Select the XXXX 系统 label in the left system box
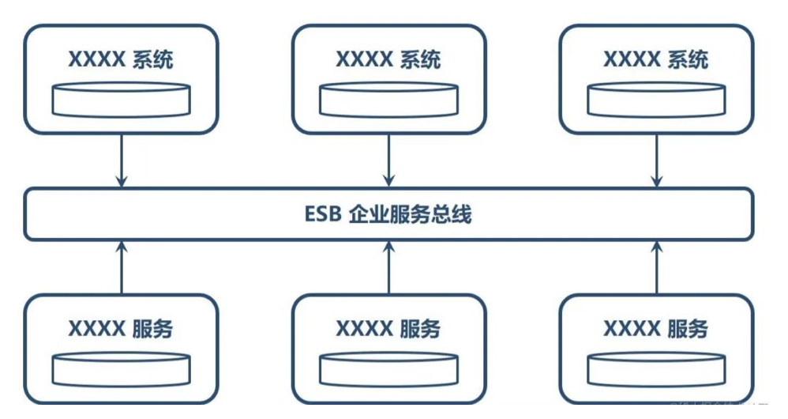pyautogui.click(x=121, y=59)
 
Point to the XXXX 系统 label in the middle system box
pyautogui.click(x=388, y=59)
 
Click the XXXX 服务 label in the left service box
pyautogui.click(x=121, y=328)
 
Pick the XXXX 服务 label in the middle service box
pyautogui.click(x=388, y=328)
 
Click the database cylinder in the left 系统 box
pyautogui.click(x=121, y=99)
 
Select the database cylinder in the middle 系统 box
pyautogui.click(x=388, y=99)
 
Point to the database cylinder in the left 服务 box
pyautogui.click(x=121, y=368)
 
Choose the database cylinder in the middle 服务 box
pyautogui.click(x=388, y=368)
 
